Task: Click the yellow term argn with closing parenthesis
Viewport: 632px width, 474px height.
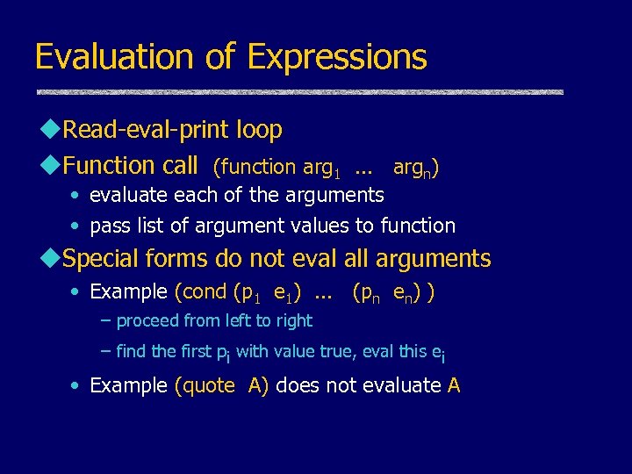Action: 416,167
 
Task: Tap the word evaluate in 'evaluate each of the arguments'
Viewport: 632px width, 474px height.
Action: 129,195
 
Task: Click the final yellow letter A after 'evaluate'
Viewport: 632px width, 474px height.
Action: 453,385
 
